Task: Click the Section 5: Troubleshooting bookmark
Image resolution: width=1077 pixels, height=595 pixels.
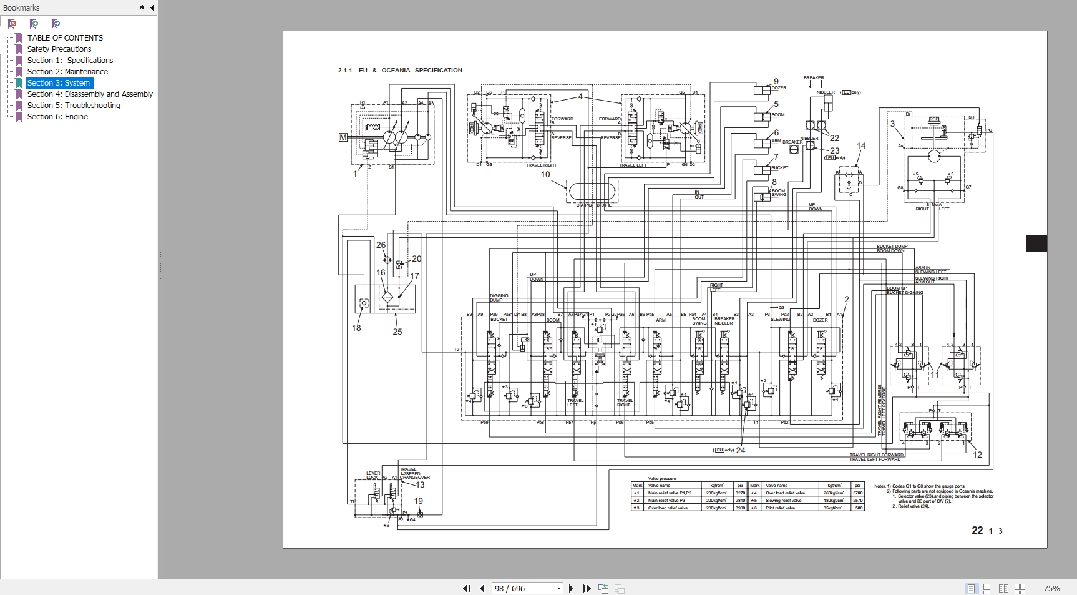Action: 74,105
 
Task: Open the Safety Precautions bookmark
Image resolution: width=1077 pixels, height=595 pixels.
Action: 59,49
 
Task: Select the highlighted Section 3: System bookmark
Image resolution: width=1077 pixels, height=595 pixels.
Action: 59,82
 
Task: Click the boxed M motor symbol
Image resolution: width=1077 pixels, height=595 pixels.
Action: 343,137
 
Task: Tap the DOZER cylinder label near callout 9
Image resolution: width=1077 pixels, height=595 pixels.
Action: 779,88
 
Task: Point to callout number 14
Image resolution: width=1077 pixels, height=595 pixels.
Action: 861,145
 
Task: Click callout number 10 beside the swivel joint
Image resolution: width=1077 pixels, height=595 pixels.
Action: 545,174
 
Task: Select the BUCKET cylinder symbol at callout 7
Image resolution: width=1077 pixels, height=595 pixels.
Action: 761,169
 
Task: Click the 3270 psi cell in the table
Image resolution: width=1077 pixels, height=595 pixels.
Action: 740,493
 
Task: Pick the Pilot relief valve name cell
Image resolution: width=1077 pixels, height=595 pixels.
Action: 781,508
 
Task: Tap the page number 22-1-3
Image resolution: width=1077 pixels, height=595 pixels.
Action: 987,531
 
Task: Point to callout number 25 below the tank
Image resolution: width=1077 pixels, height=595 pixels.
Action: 397,332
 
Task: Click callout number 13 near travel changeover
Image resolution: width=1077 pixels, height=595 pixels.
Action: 420,485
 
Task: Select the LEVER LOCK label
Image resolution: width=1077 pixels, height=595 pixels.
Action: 373,475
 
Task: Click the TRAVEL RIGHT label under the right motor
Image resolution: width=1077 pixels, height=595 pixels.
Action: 541,165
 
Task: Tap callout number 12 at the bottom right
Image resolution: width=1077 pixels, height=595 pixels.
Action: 977,455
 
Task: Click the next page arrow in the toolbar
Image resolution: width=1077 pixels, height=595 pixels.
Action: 571,588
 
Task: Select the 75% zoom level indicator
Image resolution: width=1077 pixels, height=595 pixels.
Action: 1051,588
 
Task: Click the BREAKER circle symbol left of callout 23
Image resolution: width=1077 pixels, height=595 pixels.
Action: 794,149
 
